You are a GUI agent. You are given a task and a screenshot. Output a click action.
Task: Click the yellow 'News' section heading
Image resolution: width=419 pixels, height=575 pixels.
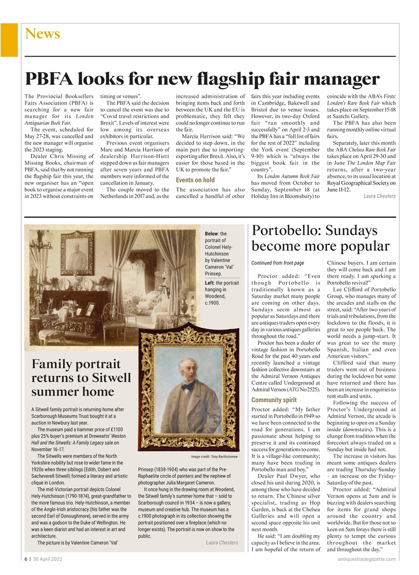tap(42, 34)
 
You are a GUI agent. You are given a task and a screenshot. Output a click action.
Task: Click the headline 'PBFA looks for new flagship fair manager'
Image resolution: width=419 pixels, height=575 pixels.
tap(202, 79)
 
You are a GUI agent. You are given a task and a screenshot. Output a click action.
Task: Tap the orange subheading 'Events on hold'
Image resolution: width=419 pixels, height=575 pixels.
tap(195, 180)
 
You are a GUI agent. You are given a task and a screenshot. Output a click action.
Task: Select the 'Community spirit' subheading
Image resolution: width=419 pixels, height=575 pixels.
tap(274, 400)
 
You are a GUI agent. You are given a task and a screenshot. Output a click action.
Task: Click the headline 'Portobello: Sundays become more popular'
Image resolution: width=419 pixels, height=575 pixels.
tap(320, 239)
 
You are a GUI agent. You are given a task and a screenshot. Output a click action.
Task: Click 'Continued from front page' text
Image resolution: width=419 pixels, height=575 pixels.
tap(278, 263)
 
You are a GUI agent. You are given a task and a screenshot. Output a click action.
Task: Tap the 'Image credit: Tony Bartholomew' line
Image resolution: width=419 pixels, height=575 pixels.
tap(214, 456)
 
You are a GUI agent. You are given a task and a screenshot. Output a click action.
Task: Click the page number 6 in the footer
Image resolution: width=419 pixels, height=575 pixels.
tap(26, 559)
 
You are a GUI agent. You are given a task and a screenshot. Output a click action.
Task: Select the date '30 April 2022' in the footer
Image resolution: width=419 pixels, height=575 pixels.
tap(48, 559)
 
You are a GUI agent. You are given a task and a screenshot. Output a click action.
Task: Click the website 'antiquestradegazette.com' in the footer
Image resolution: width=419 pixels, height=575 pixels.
tap(366, 559)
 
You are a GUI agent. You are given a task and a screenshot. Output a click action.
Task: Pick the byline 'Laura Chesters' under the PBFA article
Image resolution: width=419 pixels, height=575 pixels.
tap(379, 196)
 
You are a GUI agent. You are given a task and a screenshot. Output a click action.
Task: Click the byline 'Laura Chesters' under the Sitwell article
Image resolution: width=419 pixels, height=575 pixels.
tap(222, 543)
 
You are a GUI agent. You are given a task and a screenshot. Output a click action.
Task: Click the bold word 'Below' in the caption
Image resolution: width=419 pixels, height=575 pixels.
tap(211, 234)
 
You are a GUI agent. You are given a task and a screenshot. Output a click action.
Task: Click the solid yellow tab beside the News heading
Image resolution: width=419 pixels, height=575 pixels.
tap(9, 40)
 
